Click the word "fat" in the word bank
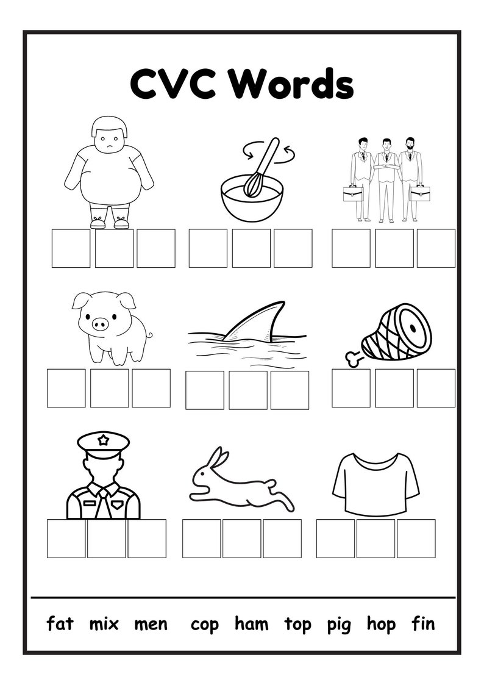point(60,623)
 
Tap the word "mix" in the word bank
point(104,623)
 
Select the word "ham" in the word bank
point(252,623)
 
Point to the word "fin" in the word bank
point(423,623)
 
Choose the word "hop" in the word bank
point(381,625)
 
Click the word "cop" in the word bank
point(204,625)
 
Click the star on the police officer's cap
point(104,439)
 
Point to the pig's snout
point(101,324)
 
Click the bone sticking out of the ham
point(353,357)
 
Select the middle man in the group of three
point(386,177)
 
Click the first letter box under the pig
point(66,388)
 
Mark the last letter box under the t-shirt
point(416,538)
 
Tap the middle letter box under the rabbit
point(241,538)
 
